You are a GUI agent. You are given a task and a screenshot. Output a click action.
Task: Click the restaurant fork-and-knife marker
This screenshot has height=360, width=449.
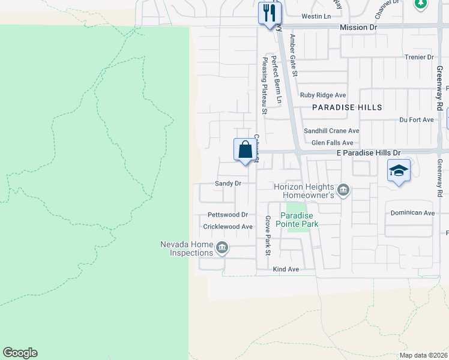point(268,13)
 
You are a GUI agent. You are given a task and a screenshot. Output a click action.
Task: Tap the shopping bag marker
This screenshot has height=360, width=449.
point(245,149)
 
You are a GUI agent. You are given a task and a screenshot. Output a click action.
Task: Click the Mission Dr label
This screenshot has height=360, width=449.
point(358,28)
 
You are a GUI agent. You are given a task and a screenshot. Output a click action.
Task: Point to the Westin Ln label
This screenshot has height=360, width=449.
point(316,16)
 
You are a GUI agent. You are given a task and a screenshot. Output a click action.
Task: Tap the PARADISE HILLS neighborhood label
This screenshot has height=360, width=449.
point(347,107)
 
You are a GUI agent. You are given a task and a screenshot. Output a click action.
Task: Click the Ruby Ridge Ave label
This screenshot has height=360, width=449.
point(323,95)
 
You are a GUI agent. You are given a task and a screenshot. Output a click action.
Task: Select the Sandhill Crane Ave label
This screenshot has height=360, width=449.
point(331,131)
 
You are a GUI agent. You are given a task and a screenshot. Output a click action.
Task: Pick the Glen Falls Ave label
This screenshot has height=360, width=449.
point(332,143)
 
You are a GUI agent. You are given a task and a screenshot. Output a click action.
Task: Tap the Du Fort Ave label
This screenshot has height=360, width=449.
point(416,120)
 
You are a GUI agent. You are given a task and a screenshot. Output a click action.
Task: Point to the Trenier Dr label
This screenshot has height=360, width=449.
point(419,57)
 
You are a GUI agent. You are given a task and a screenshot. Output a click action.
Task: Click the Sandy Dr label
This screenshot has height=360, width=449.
point(228,184)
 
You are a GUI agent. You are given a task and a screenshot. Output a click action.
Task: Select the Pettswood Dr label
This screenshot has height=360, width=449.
point(228,215)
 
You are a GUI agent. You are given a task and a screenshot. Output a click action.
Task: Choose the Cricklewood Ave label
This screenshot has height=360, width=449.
point(228,227)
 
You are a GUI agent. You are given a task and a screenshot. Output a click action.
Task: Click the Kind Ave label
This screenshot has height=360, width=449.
point(286,269)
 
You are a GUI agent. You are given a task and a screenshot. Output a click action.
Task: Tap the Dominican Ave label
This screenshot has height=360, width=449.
point(412,213)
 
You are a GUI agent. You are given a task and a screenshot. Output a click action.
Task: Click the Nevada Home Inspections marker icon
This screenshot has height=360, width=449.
point(221,247)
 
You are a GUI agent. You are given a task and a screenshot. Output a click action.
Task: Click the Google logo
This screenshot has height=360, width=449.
point(20,353)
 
